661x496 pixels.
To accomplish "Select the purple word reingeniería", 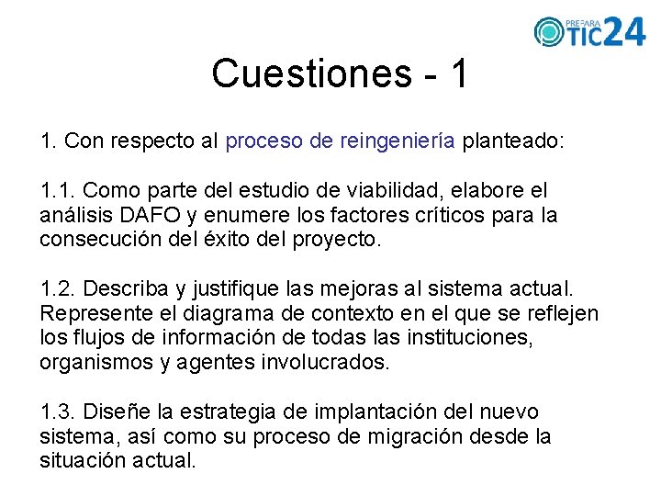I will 397,142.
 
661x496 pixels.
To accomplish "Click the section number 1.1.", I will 60,191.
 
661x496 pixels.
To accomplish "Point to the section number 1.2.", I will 60,290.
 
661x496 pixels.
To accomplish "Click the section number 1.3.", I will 60,411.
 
